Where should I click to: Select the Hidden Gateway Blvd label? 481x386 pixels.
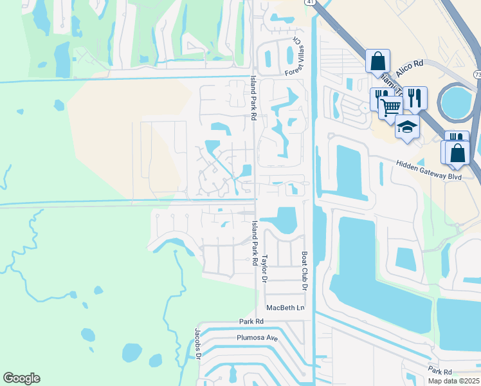[430, 169]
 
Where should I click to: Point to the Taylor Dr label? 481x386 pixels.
[264, 269]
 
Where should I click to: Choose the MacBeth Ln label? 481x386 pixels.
[285, 308]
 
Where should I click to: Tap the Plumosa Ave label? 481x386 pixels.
[257, 336]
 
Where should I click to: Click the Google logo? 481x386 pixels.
[21, 378]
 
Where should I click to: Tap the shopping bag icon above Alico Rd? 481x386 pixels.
[378, 61]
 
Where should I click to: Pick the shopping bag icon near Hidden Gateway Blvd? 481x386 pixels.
[458, 153]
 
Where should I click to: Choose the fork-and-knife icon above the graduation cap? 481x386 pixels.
[415, 97]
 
